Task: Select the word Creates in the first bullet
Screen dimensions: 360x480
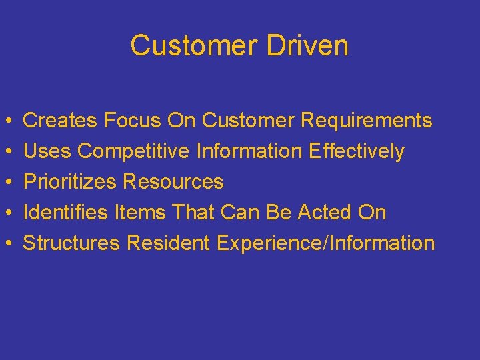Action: tap(61, 121)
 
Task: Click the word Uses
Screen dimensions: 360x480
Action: tap(47, 151)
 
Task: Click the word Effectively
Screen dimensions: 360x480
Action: tap(357, 152)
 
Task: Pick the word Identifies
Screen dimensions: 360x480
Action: tap(65, 213)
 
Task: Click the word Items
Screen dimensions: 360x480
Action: tap(139, 213)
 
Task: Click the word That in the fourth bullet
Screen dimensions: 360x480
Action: tap(195, 213)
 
